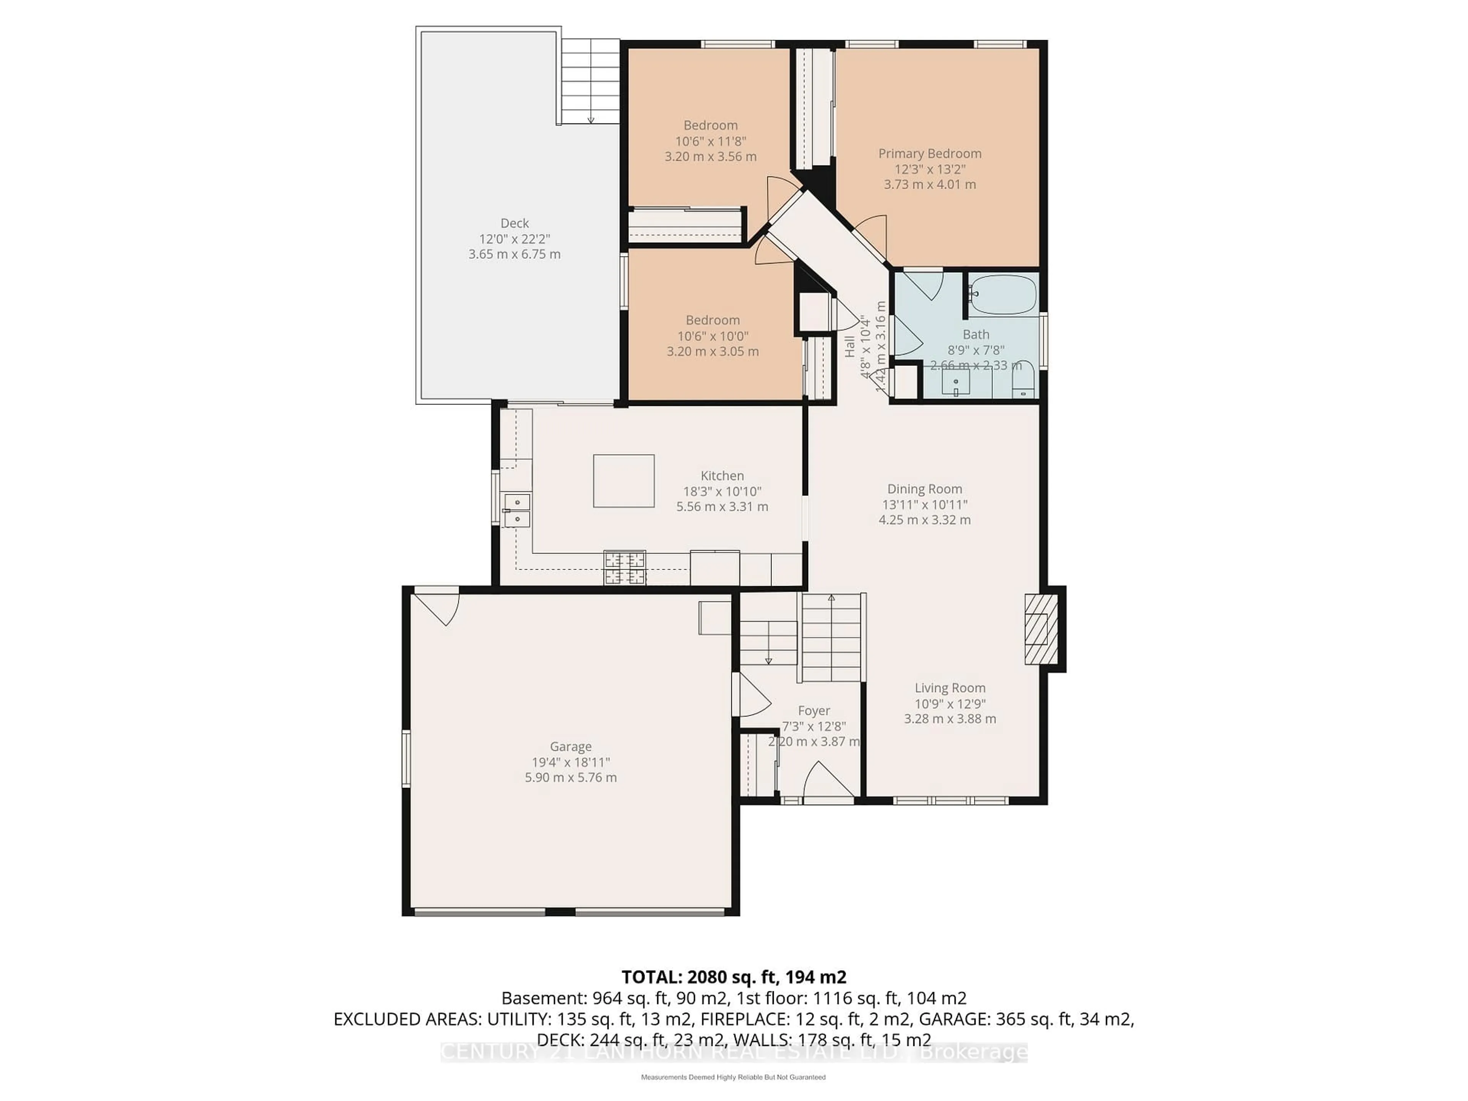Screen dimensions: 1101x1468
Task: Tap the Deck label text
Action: pos(514,223)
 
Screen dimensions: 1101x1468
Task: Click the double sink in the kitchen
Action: pos(517,510)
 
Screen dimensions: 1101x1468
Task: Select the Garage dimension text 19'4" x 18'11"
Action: pos(570,762)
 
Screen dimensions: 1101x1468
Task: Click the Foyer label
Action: pos(814,710)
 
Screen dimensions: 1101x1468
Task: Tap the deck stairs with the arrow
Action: pos(590,81)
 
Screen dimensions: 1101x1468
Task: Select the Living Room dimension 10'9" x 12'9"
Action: pos(950,703)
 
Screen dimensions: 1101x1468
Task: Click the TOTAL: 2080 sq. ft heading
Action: pos(733,977)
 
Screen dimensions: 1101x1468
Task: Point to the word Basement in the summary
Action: pos(533,998)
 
